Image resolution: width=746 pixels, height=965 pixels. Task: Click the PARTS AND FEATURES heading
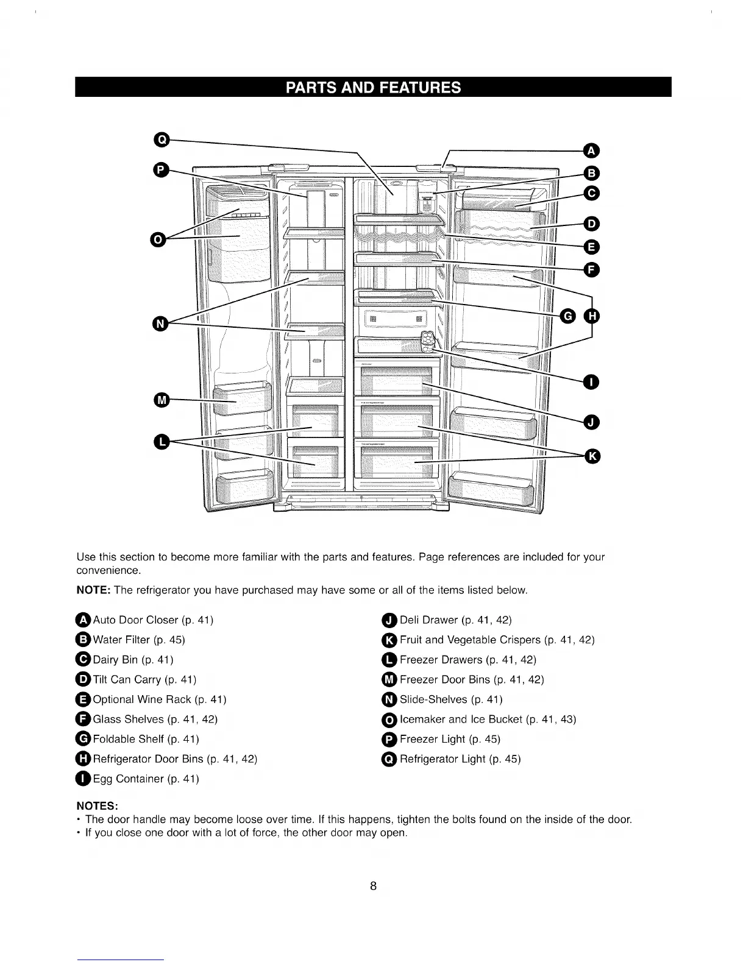(x=373, y=87)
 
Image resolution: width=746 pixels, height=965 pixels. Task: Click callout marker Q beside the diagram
(x=161, y=140)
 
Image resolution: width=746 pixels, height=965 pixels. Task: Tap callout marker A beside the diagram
(x=591, y=150)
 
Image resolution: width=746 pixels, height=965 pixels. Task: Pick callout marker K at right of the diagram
(x=592, y=456)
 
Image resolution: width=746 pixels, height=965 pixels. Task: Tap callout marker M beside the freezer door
(x=161, y=400)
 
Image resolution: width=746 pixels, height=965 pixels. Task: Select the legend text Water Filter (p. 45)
(x=138, y=640)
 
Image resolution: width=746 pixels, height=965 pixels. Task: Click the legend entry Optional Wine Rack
(x=159, y=699)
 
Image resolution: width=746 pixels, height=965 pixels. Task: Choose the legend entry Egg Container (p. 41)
(x=146, y=779)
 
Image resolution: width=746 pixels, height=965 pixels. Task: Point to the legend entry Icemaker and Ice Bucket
(x=488, y=719)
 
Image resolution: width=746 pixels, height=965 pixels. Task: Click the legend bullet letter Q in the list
(x=389, y=759)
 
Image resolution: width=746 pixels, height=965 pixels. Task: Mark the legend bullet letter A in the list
(x=83, y=620)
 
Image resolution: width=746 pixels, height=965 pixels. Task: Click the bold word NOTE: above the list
(x=93, y=590)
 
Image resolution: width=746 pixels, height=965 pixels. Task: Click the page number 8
(x=373, y=885)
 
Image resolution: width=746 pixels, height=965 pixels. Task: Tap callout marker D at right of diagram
(x=592, y=222)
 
